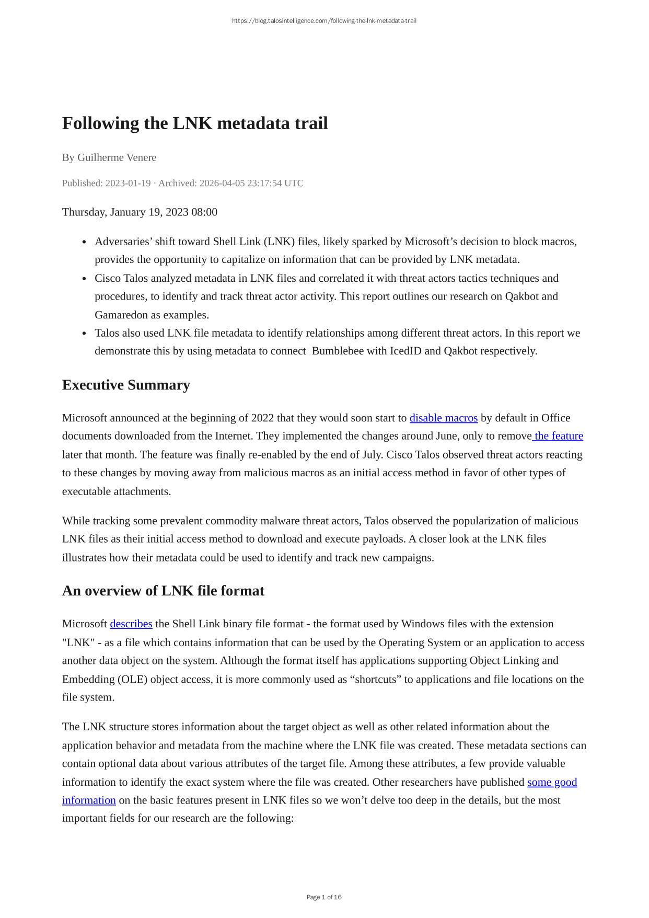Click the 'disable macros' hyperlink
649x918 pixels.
pyautogui.click(x=443, y=418)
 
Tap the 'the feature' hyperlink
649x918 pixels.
pyautogui.click(x=559, y=436)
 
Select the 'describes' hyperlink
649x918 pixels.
pyautogui.click(x=131, y=624)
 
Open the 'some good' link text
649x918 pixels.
pyautogui.click(x=552, y=783)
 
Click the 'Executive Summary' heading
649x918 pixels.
pyautogui.click(x=126, y=385)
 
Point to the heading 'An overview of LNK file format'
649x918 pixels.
pyautogui.click(x=163, y=591)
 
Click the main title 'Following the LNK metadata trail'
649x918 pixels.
pyautogui.click(x=195, y=123)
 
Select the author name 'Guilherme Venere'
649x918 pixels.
pyautogui.click(x=117, y=158)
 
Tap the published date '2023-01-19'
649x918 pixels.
pyautogui.click(x=128, y=183)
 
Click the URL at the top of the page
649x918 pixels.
pyautogui.click(x=324, y=21)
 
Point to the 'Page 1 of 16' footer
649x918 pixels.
pyautogui.click(x=324, y=898)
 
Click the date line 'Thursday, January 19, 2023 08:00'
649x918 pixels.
pyautogui.click(x=140, y=212)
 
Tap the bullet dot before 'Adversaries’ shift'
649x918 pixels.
pyautogui.click(x=84, y=243)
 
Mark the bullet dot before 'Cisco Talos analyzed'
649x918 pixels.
pyautogui.click(x=84, y=279)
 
